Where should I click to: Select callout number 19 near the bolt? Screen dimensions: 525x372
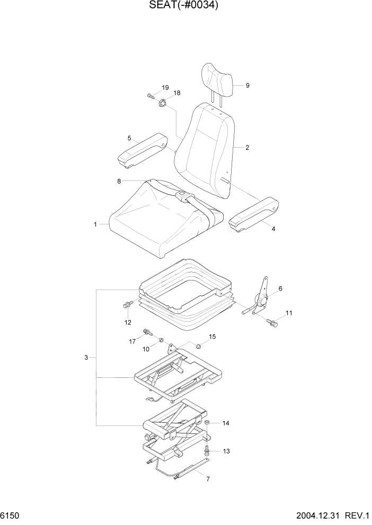click(165, 87)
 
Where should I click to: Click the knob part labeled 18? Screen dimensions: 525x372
click(162, 103)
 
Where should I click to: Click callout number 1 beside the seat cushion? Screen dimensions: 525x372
click(95, 224)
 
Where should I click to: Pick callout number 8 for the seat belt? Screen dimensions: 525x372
click(119, 181)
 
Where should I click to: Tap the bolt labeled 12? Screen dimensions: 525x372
click(127, 305)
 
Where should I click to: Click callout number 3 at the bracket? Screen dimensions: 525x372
click(86, 358)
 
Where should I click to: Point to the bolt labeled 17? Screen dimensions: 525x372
click(146, 333)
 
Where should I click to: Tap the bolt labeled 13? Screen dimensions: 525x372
click(207, 450)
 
